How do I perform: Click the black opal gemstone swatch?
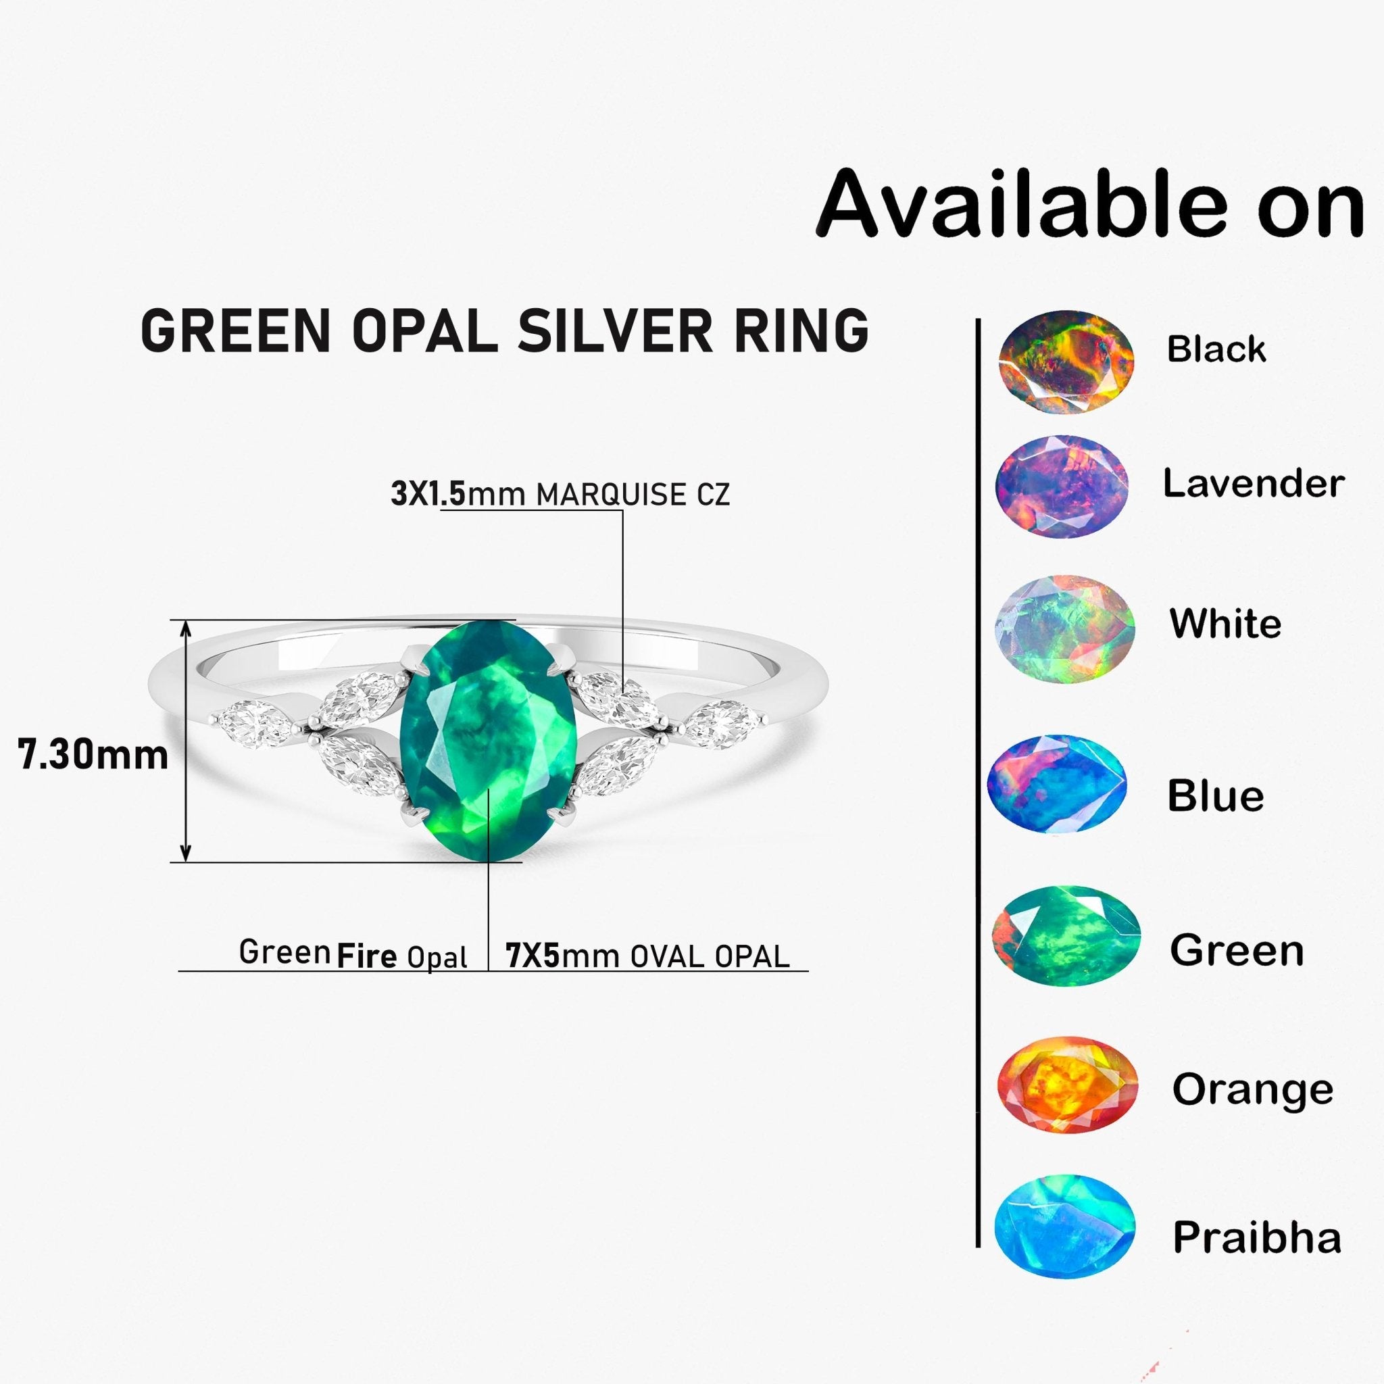pyautogui.click(x=1066, y=362)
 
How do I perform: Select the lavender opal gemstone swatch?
pyautogui.click(x=1062, y=487)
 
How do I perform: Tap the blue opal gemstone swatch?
pyautogui.click(x=1057, y=785)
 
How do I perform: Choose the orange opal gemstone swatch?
pyautogui.click(x=1067, y=1085)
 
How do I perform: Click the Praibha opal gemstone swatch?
pyautogui.click(x=1064, y=1225)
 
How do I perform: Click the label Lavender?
pyautogui.click(x=1253, y=484)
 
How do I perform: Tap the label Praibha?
pyautogui.click(x=1256, y=1237)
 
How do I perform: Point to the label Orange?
pyautogui.click(x=1253, y=1090)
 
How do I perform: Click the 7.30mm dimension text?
pyautogui.click(x=93, y=755)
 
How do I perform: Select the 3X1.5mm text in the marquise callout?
pyautogui.click(x=428, y=494)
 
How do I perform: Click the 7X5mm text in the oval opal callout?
pyautogui.click(x=533, y=956)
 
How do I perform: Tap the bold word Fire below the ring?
pyautogui.click(x=367, y=956)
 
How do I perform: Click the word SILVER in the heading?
pyautogui.click(x=615, y=331)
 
